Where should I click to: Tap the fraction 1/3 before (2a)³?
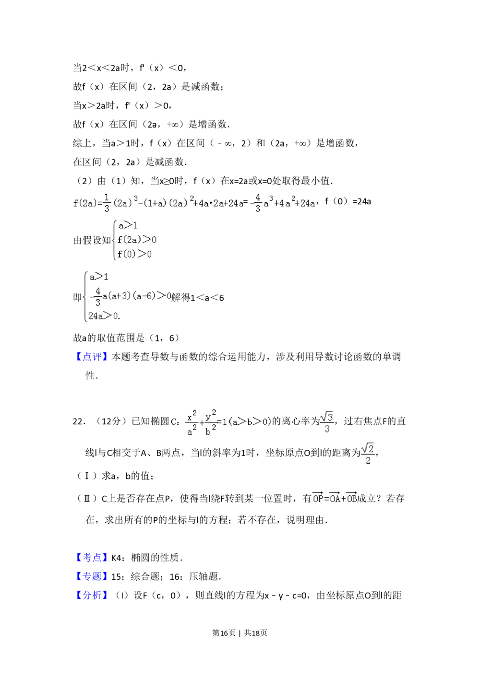[x=107, y=202]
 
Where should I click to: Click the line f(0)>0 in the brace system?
[x=135, y=254]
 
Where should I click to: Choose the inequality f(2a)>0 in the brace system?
[x=137, y=240]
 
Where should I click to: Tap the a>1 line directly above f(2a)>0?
[x=127, y=225]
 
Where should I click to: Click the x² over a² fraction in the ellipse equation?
[x=192, y=422]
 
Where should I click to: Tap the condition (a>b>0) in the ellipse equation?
[x=250, y=422]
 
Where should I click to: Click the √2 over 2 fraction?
[x=368, y=454]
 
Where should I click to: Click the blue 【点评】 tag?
[x=92, y=357]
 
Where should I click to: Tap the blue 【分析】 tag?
[x=92, y=595]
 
